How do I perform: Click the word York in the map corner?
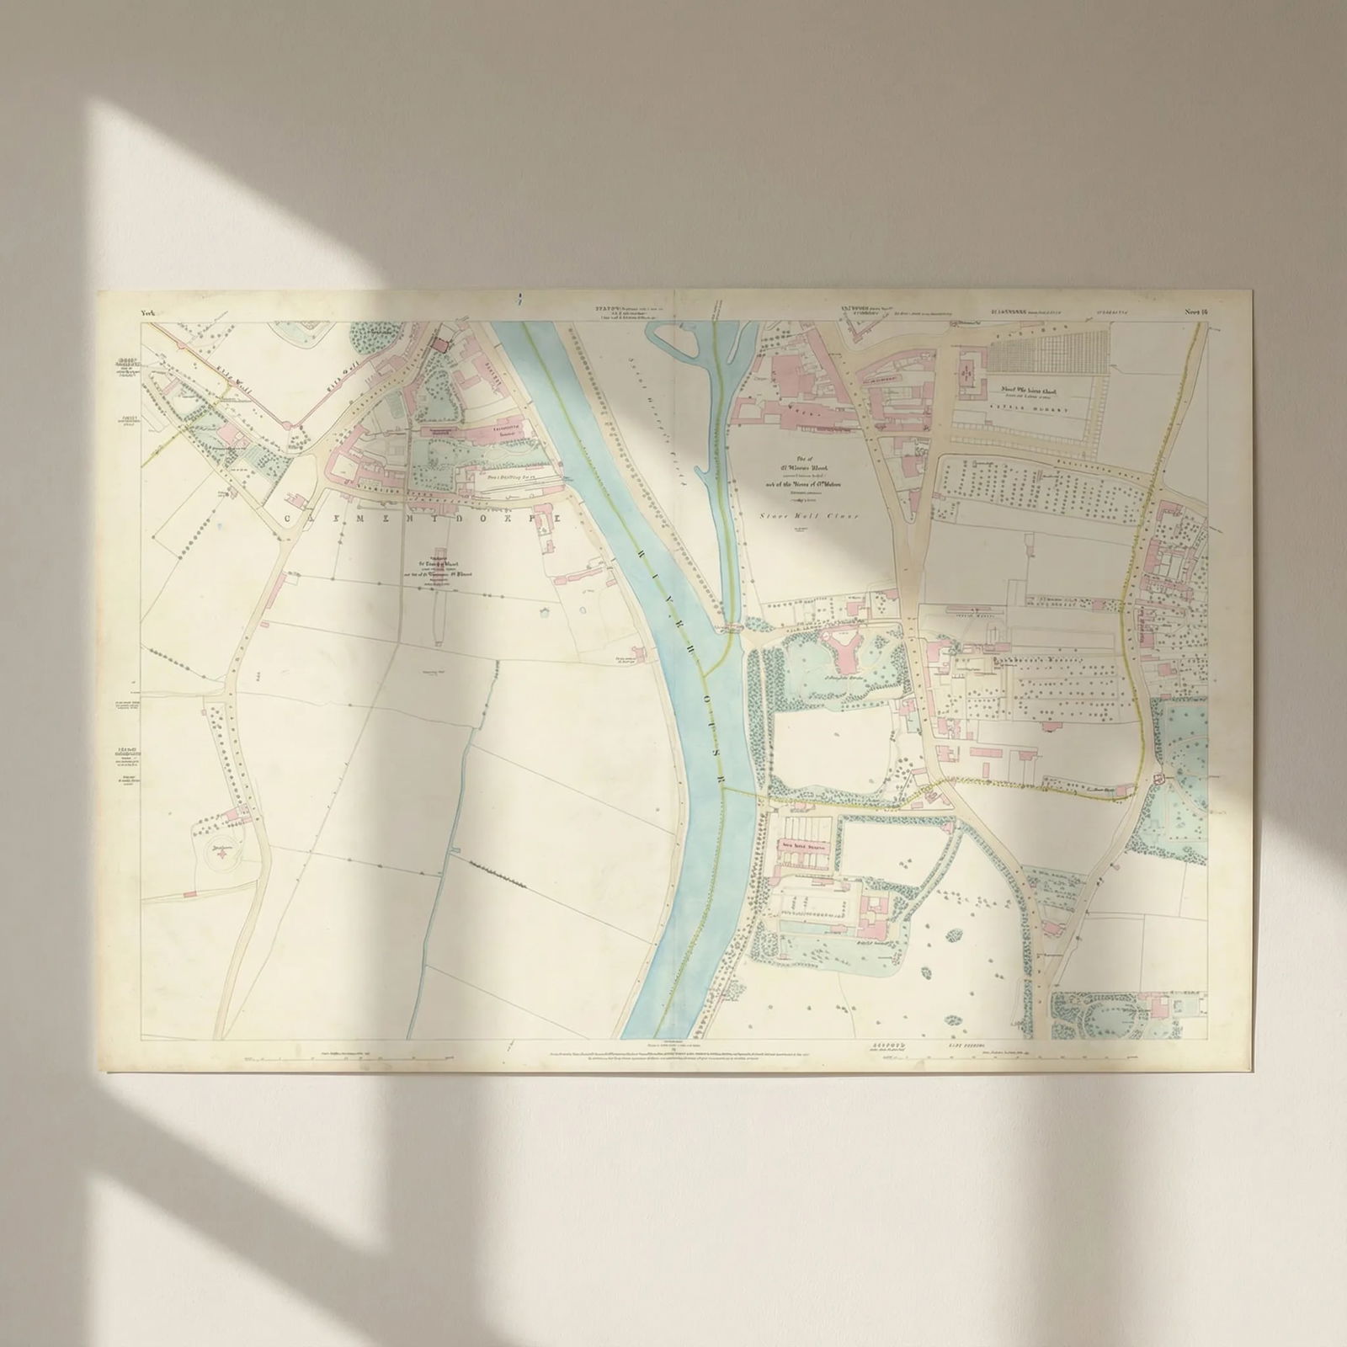[x=151, y=313]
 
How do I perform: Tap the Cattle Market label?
[x=1033, y=410]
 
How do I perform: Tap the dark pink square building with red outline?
[x=439, y=342]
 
